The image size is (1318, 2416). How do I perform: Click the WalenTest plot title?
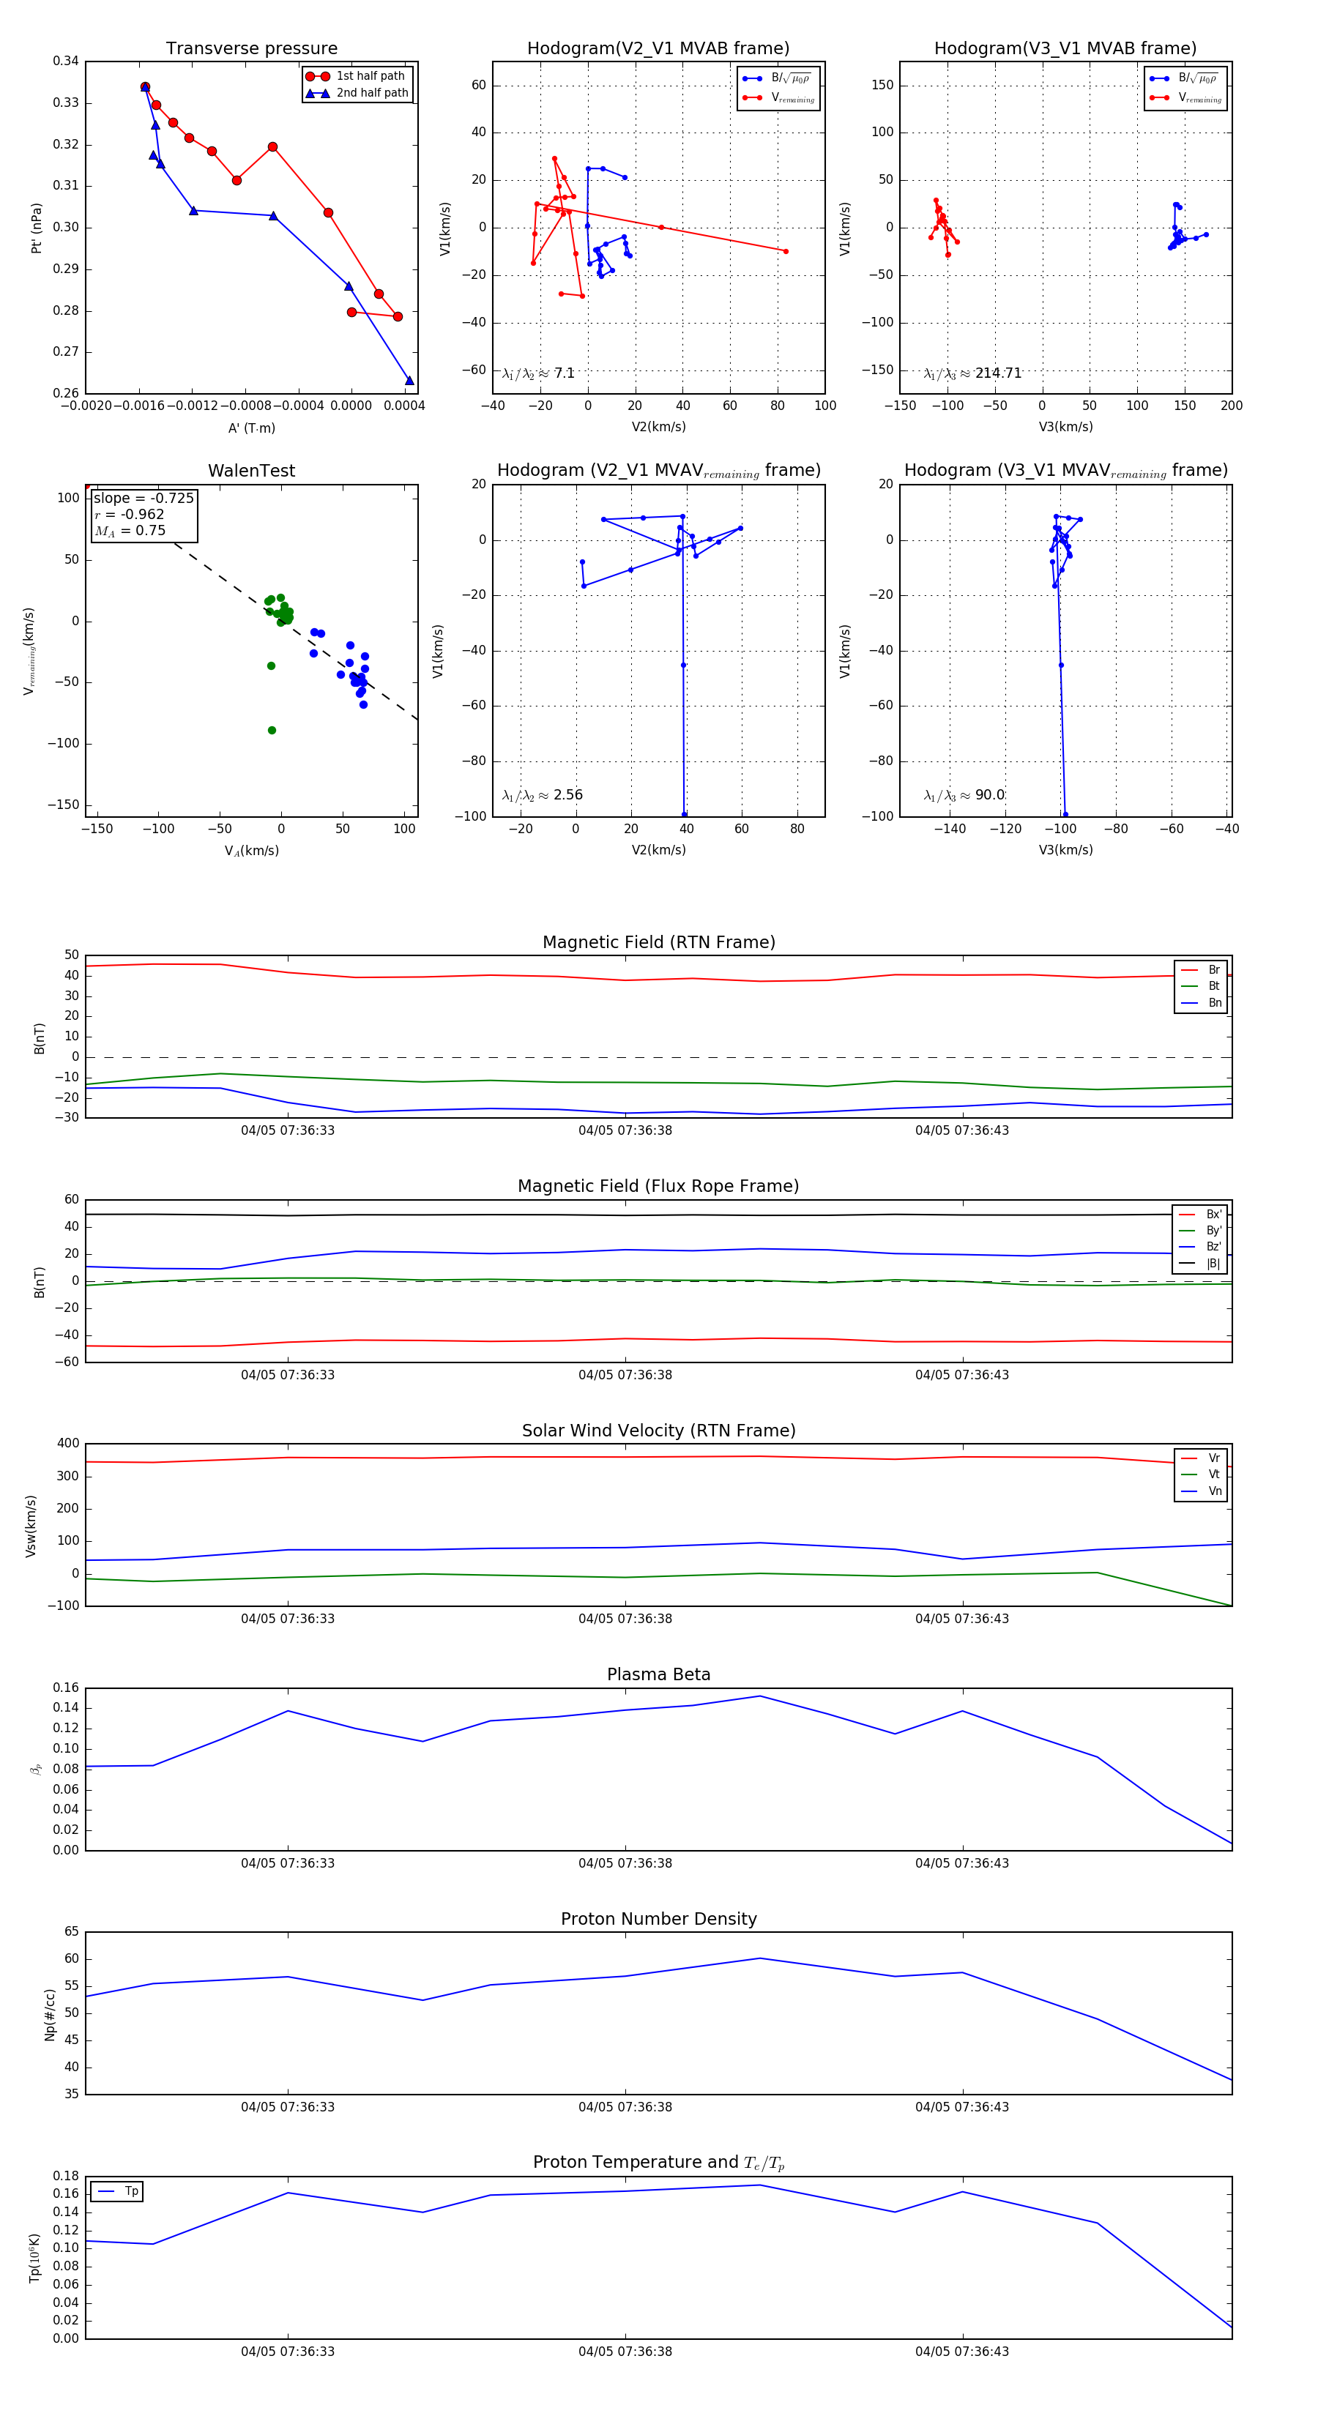pyautogui.click(x=251, y=471)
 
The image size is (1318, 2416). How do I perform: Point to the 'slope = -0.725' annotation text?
pyautogui.click(x=144, y=498)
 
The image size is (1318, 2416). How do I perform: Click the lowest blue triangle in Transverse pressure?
pyautogui.click(x=409, y=380)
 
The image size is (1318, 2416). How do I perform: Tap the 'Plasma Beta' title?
pyautogui.click(x=658, y=1674)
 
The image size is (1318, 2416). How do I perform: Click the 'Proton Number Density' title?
pyautogui.click(x=658, y=1919)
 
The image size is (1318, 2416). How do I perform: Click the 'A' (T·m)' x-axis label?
pyautogui.click(x=251, y=428)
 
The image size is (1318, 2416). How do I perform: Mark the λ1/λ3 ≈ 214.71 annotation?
pyautogui.click(x=973, y=373)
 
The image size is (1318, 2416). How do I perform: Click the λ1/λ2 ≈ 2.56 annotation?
pyautogui.click(x=542, y=795)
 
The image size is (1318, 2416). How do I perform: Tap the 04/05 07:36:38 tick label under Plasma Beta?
pyautogui.click(x=625, y=1863)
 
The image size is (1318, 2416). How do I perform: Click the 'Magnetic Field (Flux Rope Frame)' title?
pyautogui.click(x=658, y=1187)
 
